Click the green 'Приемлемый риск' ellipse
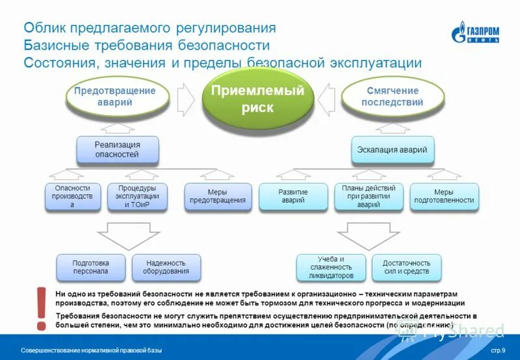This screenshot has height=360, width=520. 257,97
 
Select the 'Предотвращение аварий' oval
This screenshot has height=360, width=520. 116,97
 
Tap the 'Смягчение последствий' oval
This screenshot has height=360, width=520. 392,97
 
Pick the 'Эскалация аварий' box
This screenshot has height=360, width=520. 392,149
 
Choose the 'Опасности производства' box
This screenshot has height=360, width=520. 72,196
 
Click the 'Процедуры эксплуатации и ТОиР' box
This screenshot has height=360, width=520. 136,196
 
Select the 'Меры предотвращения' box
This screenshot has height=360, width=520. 217,196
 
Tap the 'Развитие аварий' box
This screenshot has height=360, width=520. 292,196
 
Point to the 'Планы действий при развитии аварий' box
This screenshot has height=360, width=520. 369,196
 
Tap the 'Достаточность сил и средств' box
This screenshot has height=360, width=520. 406,267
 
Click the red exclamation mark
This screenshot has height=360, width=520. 42,307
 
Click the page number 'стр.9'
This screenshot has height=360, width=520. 498,351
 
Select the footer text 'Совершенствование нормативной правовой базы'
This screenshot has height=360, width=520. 91,351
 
